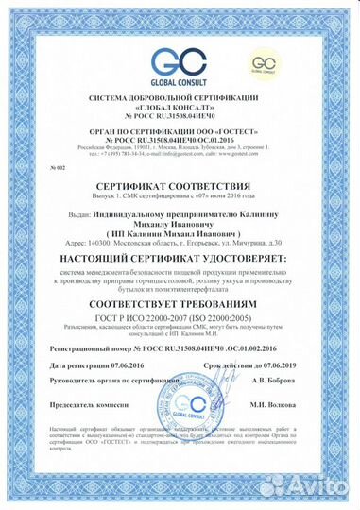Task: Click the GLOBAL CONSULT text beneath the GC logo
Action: [x=180, y=81]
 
